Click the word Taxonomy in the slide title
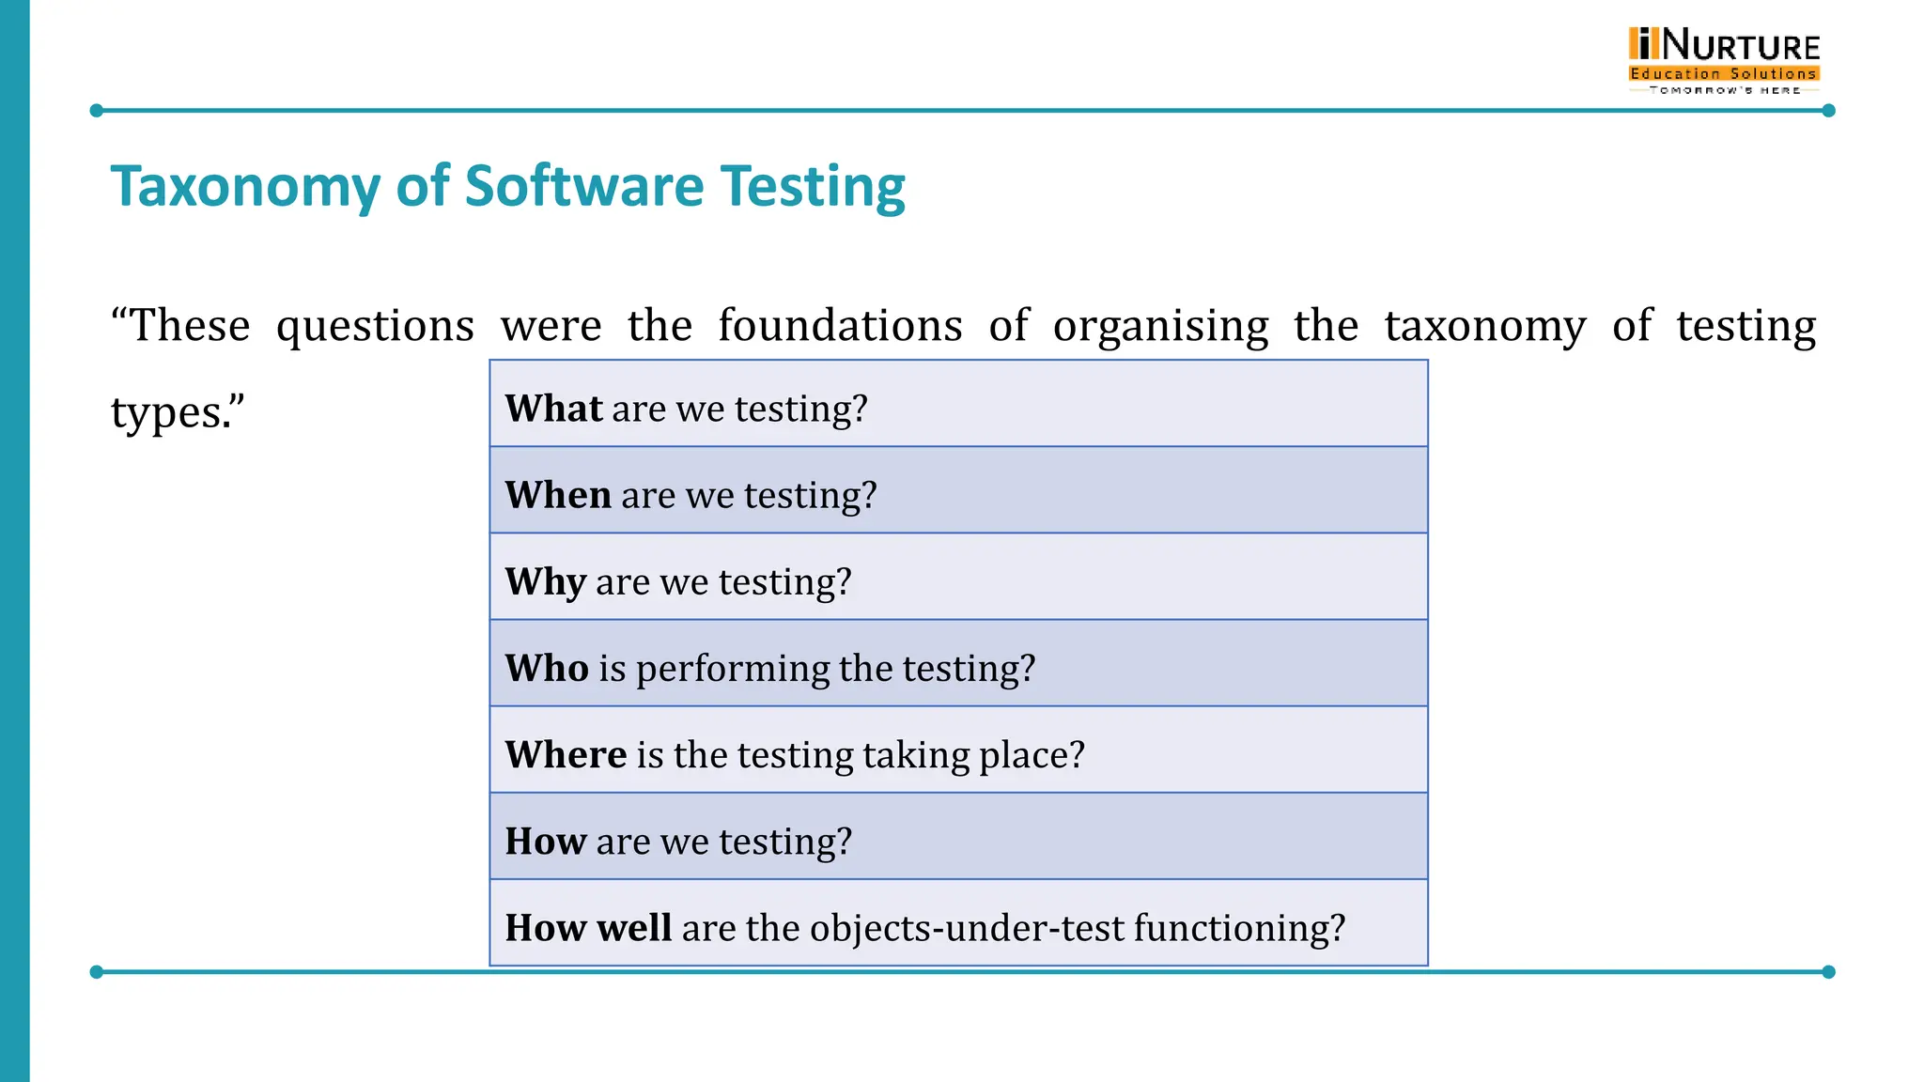tap(245, 186)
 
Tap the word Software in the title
tap(584, 186)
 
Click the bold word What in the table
tap(553, 409)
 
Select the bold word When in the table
tap(558, 495)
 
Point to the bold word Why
tap(546, 581)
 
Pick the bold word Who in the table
tap(547, 668)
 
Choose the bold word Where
tap(566, 754)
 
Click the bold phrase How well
tap(588, 927)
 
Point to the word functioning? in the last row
tap(1239, 928)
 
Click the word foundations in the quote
tap(840, 326)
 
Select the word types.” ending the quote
tap(178, 413)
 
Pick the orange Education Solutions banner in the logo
tap(1724, 73)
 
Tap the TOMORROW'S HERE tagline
tap(1725, 90)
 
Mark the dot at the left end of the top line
tap(96, 111)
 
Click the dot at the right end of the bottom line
tap(1828, 972)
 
